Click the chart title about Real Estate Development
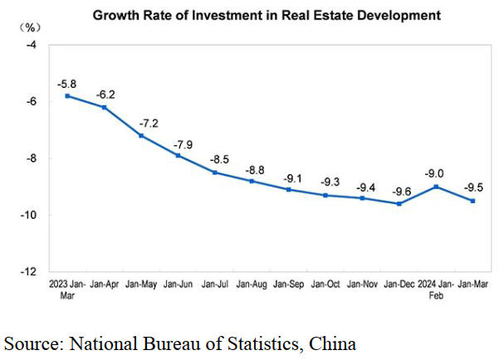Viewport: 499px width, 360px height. [x=266, y=15]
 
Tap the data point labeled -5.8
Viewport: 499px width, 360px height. [x=66, y=96]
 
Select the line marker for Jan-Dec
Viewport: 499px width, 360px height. [x=399, y=203]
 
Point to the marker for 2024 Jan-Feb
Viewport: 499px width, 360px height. [x=436, y=187]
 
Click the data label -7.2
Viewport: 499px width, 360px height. [x=142, y=122]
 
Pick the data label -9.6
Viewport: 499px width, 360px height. [x=399, y=190]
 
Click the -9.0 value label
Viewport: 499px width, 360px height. [x=436, y=173]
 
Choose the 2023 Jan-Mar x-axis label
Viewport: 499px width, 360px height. [x=66, y=289]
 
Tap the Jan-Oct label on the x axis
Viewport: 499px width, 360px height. [x=325, y=285]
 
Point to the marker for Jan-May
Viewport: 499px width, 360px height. [x=141, y=135]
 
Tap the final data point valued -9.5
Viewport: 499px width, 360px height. [x=472, y=201]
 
